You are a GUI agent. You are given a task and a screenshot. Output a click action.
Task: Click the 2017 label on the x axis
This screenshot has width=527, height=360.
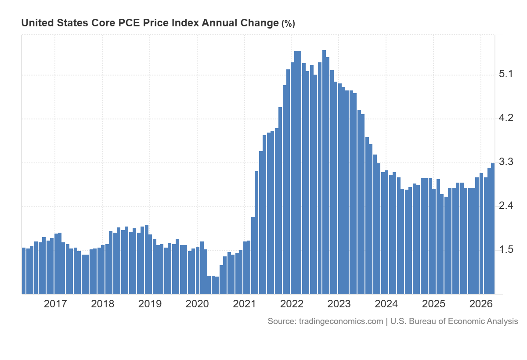55,304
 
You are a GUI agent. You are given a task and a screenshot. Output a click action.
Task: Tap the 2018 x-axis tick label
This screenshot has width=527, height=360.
103,304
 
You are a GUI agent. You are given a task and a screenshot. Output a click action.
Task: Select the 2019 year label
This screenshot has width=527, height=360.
150,304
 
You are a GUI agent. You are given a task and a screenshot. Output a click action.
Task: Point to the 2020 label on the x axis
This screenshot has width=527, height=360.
197,304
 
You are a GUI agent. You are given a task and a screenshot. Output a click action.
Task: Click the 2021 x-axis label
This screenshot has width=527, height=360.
245,304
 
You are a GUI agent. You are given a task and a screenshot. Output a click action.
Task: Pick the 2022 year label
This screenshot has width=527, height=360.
292,304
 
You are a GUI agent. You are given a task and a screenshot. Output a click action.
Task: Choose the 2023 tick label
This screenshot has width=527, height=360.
339,304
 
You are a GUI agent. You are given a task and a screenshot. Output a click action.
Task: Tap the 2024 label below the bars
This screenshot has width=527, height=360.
386,304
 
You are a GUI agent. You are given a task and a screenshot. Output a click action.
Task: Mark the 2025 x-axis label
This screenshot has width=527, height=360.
433,304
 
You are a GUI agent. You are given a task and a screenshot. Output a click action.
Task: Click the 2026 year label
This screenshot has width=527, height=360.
481,304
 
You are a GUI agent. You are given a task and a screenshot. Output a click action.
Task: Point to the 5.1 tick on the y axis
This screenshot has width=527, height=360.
506,74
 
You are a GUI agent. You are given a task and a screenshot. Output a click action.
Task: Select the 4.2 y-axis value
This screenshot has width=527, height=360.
506,118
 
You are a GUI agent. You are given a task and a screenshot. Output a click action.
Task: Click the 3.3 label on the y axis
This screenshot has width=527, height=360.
506,162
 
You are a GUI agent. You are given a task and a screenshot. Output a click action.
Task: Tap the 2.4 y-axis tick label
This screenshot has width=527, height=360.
506,206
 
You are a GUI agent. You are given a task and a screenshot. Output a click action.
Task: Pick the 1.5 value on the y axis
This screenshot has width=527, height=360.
506,250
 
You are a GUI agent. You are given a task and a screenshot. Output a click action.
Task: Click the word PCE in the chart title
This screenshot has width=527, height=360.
129,23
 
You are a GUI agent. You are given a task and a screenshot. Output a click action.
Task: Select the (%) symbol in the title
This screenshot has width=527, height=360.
288,24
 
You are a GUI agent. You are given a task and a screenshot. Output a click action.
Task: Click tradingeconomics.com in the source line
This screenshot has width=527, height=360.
341,321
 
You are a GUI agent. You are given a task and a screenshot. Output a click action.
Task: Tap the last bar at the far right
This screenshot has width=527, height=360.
493,229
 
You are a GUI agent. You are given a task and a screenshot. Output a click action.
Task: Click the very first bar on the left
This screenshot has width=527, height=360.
24,271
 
